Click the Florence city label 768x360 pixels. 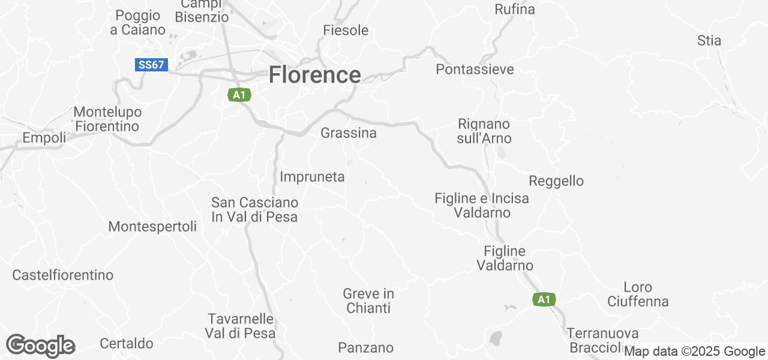pos(314,75)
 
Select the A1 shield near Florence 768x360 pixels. pos(239,95)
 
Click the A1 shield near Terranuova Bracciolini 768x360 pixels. pos(544,299)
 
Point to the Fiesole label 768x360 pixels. pos(346,30)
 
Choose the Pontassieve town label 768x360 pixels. pos(475,69)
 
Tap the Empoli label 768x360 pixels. pos(44,138)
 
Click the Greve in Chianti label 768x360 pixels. pos(368,301)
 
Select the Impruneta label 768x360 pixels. pos(312,176)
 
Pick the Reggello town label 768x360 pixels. pos(556,181)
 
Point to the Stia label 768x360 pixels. pos(709,41)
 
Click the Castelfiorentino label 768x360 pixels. pos(63,275)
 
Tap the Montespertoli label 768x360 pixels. pos(152,226)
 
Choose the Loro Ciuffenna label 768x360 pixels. pos(638,294)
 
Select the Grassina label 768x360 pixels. pos(349,133)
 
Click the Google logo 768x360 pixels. pos(40,346)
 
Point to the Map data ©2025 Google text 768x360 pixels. pos(694,352)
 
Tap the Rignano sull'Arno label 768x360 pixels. pos(484,131)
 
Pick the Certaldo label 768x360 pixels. pos(127,344)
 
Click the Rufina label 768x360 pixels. pos(514,9)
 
